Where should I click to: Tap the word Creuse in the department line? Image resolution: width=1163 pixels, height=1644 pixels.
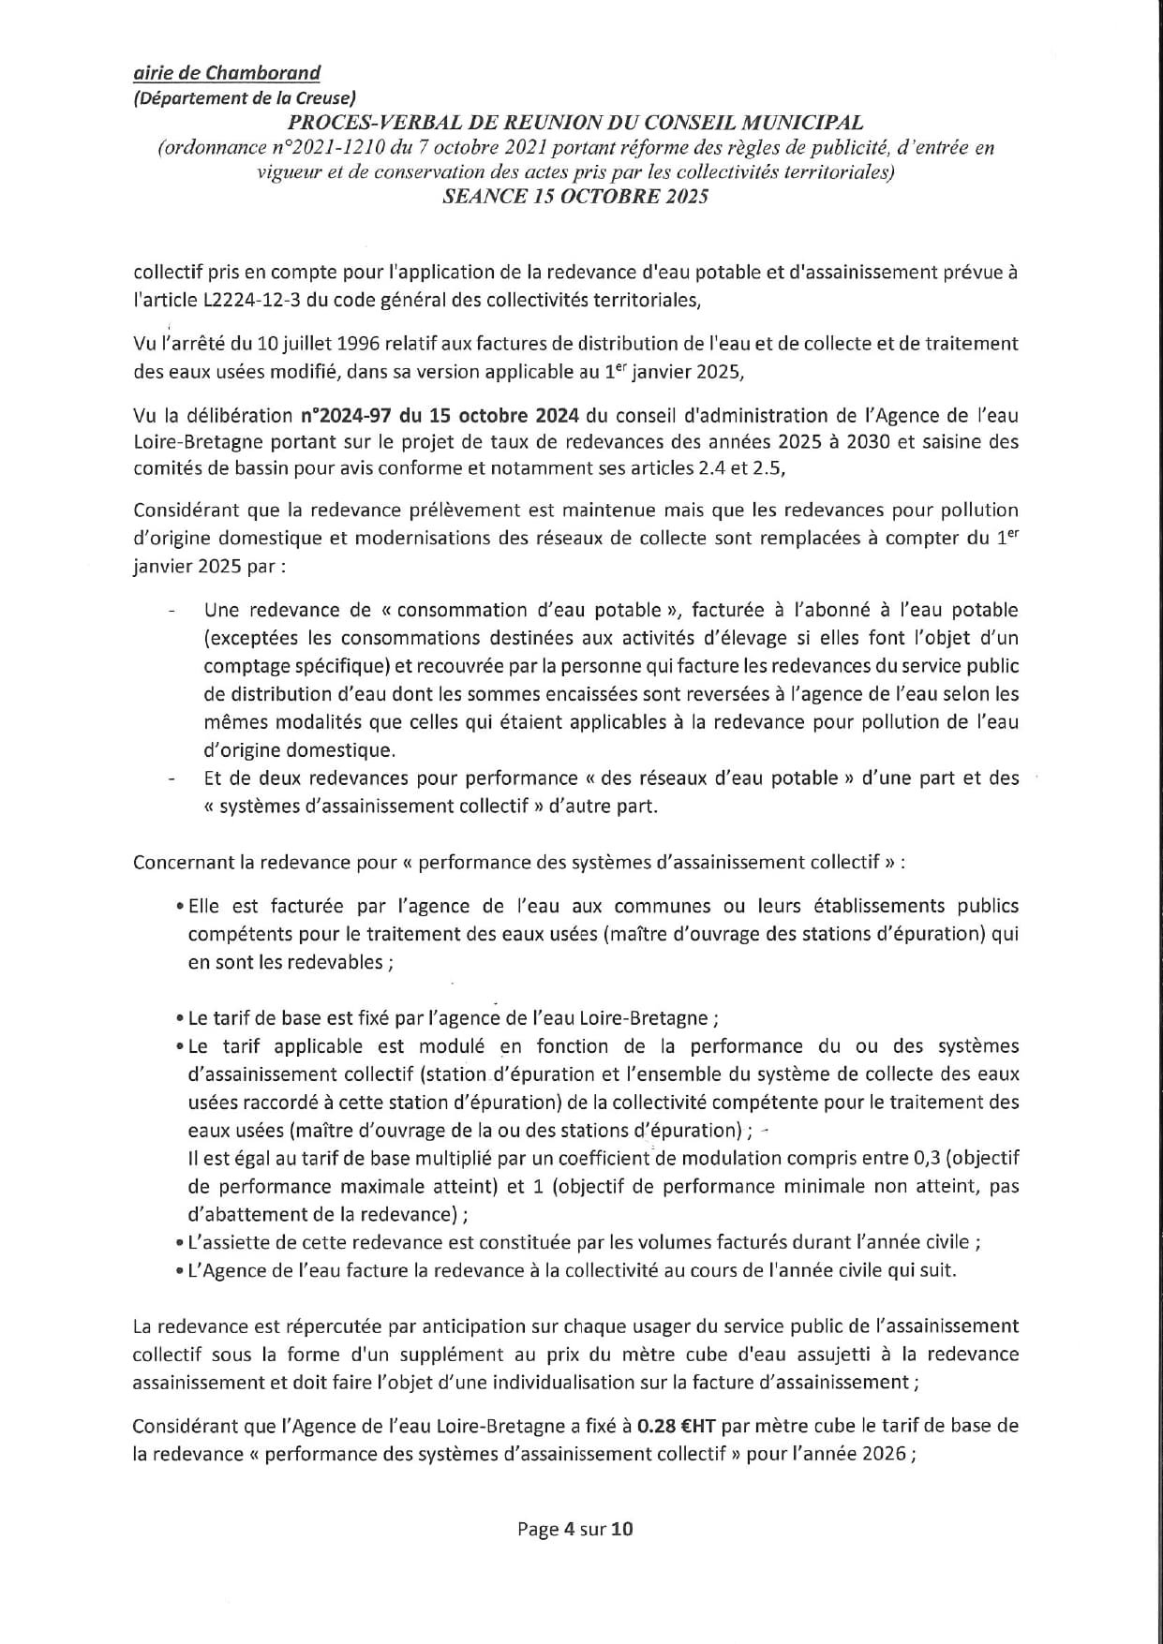pyautogui.click(x=323, y=97)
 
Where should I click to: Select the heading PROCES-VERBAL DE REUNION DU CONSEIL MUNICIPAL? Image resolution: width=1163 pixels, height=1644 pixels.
pyautogui.click(x=575, y=123)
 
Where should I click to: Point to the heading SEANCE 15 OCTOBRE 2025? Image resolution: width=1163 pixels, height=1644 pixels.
pyautogui.click(x=575, y=197)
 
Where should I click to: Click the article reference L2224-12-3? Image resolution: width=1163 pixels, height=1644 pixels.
pyautogui.click(x=250, y=300)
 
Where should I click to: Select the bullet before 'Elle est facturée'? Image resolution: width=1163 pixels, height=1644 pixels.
pyautogui.click(x=180, y=907)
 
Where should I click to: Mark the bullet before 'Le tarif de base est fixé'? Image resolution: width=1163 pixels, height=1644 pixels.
pyautogui.click(x=180, y=1019)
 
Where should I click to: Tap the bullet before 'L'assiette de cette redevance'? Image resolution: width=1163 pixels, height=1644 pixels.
pyautogui.click(x=180, y=1243)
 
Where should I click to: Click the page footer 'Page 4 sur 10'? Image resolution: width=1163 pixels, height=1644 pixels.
pyautogui.click(x=575, y=1530)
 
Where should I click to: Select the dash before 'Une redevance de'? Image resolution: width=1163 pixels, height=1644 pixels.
pyautogui.click(x=171, y=612)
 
